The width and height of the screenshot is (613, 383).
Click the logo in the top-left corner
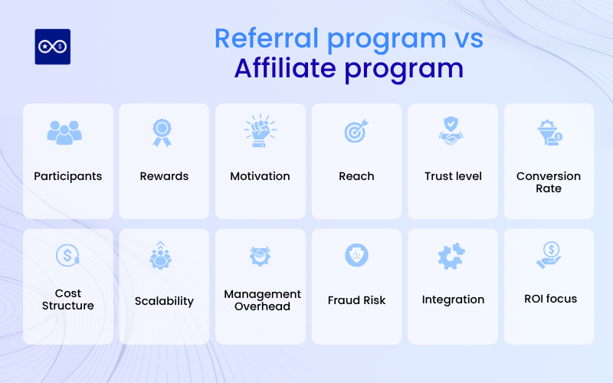tap(53, 47)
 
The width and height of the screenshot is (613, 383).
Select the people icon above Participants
tap(67, 132)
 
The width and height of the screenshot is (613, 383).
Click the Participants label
tap(67, 176)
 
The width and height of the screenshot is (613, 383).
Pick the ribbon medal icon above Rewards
tap(164, 132)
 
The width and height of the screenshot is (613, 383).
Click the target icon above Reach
tap(356, 131)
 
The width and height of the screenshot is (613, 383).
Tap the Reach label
tap(356, 176)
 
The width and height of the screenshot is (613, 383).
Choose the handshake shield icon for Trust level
tap(453, 131)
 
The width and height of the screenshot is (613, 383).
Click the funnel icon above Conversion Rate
tap(549, 132)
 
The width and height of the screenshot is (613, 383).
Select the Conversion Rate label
tap(549, 182)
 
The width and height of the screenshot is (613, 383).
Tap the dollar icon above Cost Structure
tap(67, 255)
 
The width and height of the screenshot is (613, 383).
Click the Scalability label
tap(164, 301)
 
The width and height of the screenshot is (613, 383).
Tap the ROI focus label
tap(549, 300)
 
